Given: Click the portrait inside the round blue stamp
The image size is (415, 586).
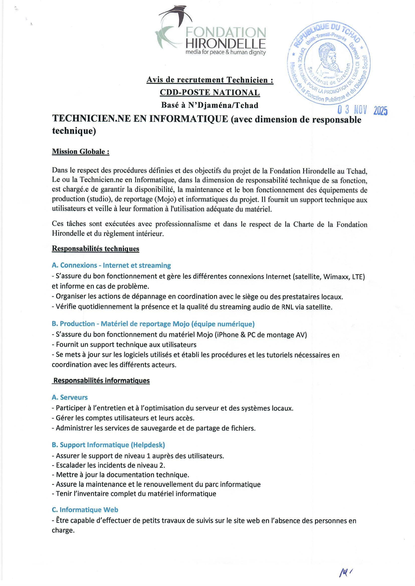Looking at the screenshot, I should click(x=329, y=60).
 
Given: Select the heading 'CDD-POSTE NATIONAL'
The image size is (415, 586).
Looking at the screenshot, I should click(x=210, y=92).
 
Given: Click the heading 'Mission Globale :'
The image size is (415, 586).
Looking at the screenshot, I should click(x=81, y=152).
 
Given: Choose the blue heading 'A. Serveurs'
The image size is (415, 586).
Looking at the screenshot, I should click(x=69, y=397).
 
